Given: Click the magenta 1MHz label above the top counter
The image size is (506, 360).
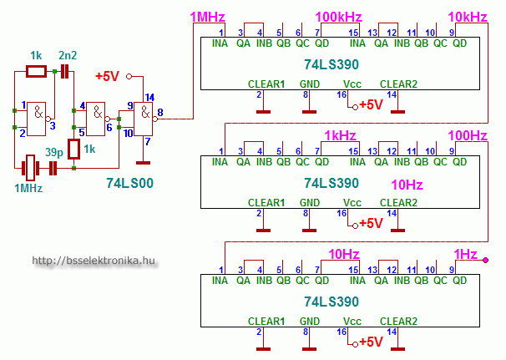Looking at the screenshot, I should coord(208,17).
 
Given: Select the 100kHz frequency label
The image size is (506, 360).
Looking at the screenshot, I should coord(338,17).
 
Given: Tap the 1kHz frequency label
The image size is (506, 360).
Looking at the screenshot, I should coord(342,135).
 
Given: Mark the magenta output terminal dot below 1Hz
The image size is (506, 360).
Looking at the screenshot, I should coord(485,261).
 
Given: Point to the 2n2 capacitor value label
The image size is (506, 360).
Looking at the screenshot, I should coord(68,55).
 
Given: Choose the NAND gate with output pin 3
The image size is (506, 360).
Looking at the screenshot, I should coord(36,119).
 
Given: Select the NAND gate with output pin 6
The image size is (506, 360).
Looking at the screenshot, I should coord(97,119).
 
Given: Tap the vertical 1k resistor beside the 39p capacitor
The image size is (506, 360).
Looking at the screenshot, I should coord(73,150).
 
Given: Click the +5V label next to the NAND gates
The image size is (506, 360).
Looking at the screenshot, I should coord(108,76).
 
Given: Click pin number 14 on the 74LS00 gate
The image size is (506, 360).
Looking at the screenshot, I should coord(149,99).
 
